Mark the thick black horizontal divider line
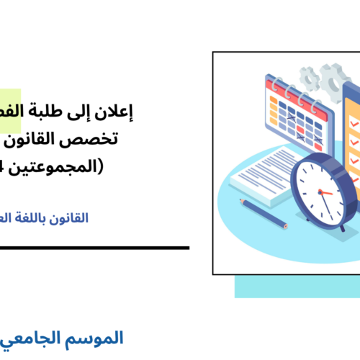[x=94, y=248]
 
